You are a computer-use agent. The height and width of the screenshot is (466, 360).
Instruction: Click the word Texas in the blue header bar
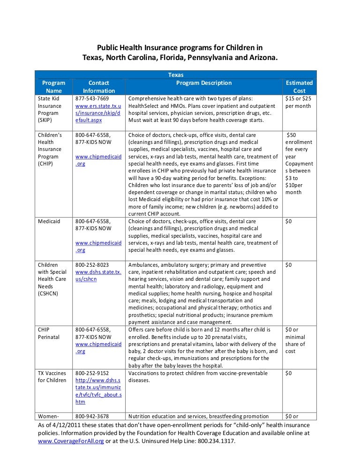(x=176, y=75)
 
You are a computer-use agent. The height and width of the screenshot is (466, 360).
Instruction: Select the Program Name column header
(x=54, y=87)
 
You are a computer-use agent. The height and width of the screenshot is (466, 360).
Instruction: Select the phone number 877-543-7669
(x=92, y=98)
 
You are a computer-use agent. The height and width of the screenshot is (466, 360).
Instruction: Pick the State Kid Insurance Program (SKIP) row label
(x=49, y=109)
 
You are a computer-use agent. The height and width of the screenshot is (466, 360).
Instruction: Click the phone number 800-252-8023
(x=92, y=265)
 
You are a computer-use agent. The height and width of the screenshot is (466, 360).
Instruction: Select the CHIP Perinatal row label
(x=48, y=333)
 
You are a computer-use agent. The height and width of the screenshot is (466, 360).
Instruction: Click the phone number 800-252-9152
(x=92, y=373)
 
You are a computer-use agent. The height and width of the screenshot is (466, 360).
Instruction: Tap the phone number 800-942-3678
(x=92, y=416)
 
